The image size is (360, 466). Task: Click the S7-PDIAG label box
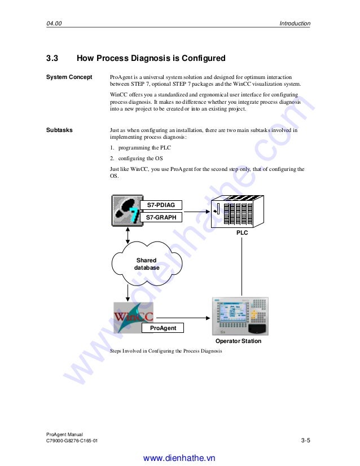click(x=161, y=205)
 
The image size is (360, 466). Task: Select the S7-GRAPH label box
click(x=161, y=217)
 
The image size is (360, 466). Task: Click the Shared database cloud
click(x=146, y=264)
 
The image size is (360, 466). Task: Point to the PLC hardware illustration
click(x=236, y=212)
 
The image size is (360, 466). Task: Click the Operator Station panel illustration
click(x=239, y=316)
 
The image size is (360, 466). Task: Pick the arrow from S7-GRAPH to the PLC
click(x=196, y=212)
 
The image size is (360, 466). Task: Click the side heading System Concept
click(x=69, y=77)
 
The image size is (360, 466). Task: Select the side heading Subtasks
click(x=59, y=130)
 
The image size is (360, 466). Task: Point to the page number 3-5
click(x=306, y=440)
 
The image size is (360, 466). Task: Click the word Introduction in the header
click(x=295, y=23)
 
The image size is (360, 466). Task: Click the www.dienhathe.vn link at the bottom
click(x=179, y=458)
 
